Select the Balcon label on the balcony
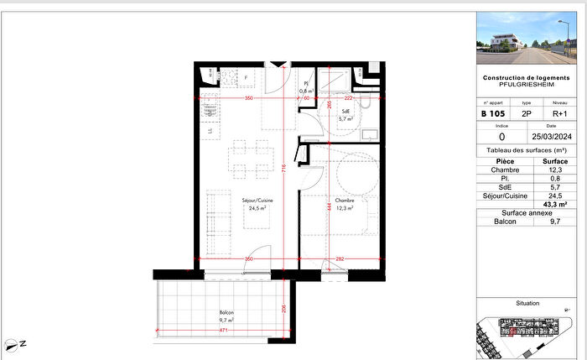tap(226, 313)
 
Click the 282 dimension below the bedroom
tap(341, 258)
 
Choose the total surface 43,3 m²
tap(556, 204)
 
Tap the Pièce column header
tap(505, 160)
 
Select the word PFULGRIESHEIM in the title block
tap(526, 85)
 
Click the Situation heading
tap(527, 303)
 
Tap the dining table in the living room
tap(252, 158)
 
